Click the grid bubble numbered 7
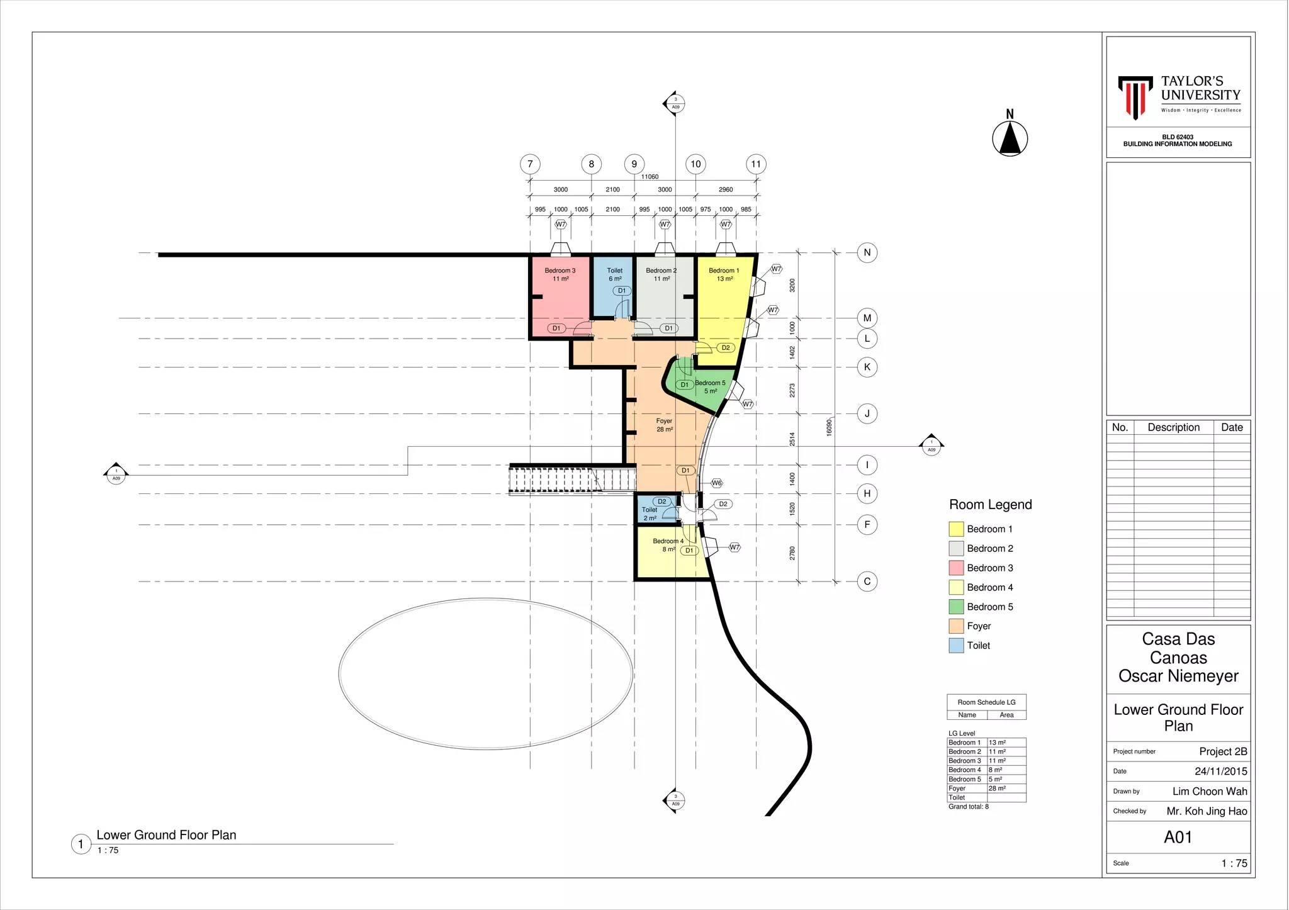click(530, 164)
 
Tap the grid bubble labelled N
click(867, 253)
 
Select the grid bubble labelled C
click(867, 581)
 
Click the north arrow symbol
click(1010, 138)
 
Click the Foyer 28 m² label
click(664, 425)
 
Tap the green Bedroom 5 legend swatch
click(956, 607)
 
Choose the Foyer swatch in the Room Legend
click(956, 626)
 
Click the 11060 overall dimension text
click(650, 177)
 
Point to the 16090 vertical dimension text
click(829, 427)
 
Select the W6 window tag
click(716, 483)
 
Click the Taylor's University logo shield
click(1135, 96)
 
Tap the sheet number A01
click(1178, 837)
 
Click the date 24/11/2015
click(1220, 771)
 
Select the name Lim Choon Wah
click(1209, 791)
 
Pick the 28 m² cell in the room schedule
click(997, 789)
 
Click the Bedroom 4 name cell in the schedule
click(965, 770)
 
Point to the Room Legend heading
click(990, 505)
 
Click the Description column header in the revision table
click(1173, 427)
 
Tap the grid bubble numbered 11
click(756, 164)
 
